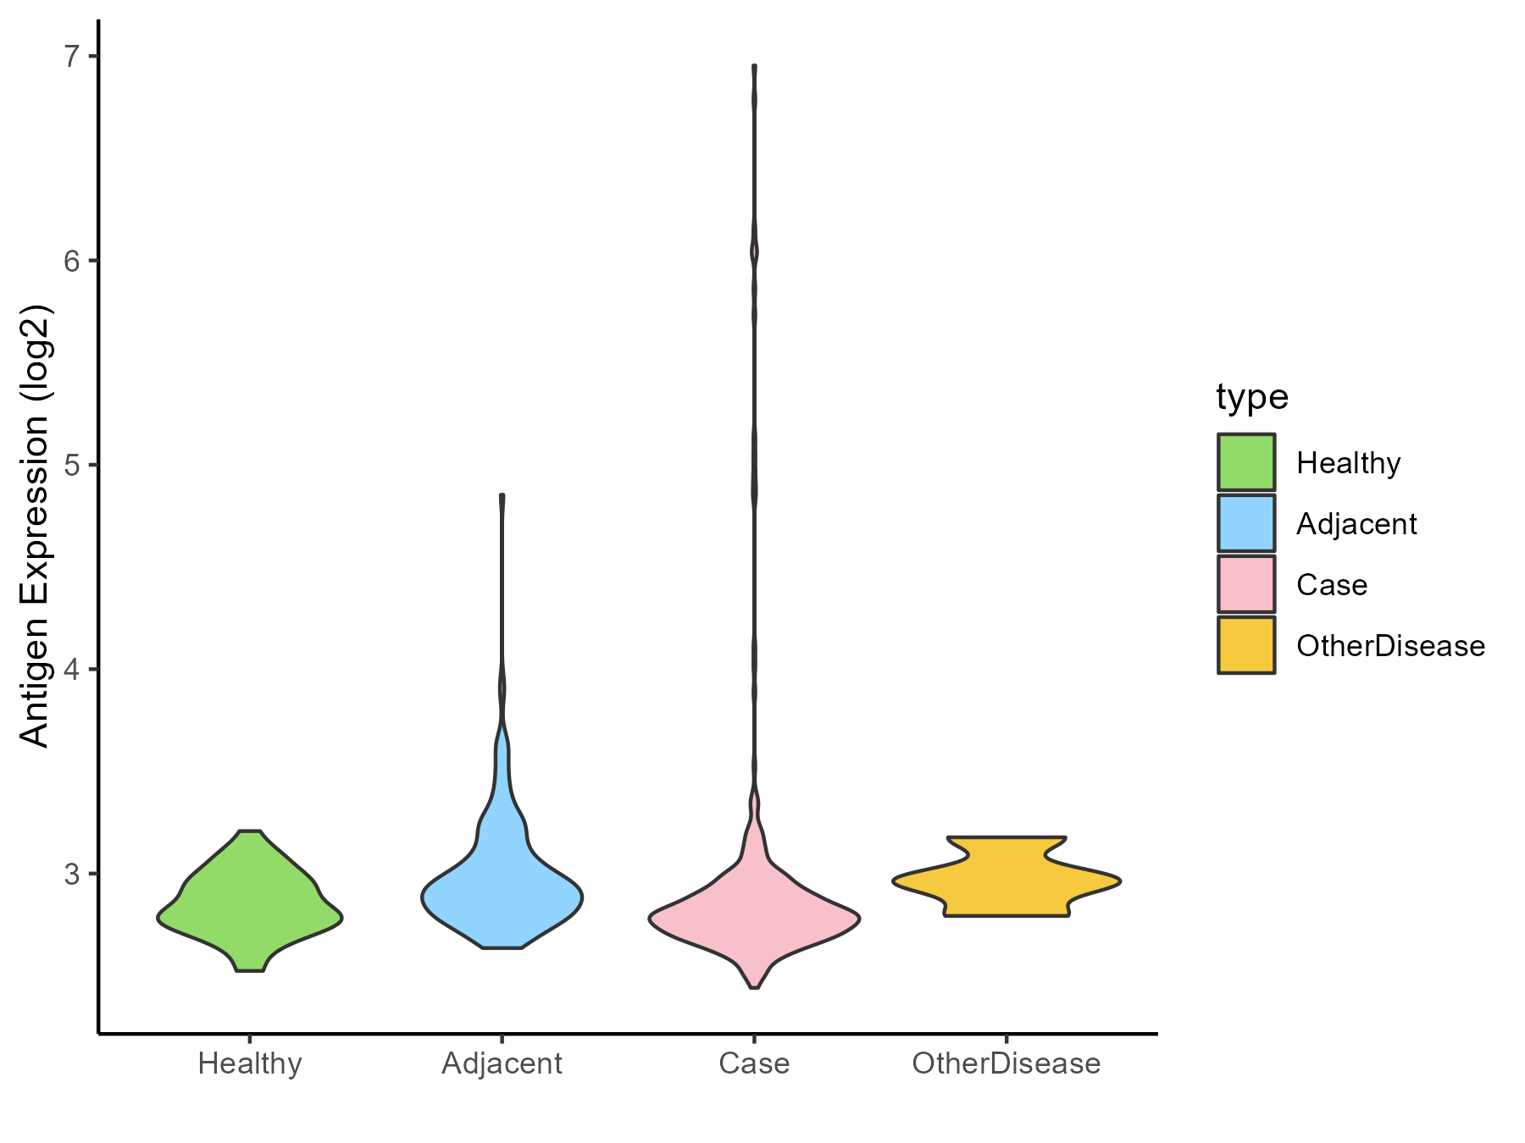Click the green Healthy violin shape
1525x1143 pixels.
point(250,906)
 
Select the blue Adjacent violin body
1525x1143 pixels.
point(502,897)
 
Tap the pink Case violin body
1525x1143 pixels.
point(754,919)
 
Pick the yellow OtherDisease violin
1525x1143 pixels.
point(1006,881)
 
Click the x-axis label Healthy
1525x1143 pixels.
point(250,1063)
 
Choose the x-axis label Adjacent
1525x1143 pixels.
point(502,1063)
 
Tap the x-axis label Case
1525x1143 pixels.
point(754,1063)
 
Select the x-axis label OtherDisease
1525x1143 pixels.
point(1006,1063)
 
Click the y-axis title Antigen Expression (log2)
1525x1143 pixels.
point(36,525)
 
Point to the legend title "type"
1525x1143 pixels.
point(1252,396)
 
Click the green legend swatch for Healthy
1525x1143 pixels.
point(1246,462)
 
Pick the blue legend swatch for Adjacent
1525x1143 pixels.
point(1246,523)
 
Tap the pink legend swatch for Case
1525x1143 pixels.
point(1246,584)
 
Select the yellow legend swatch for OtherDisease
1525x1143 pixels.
point(1246,645)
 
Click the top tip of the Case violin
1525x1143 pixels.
point(754,66)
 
